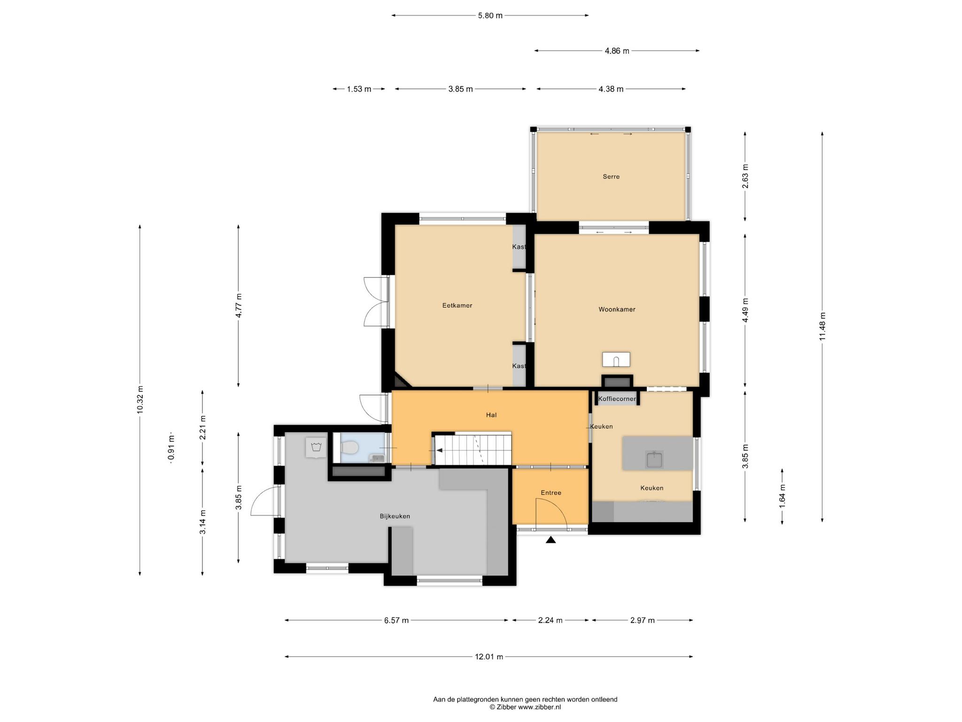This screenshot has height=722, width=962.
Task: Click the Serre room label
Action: (611, 177)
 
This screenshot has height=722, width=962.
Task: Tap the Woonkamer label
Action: (617, 309)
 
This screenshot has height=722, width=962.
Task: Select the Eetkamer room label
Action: (457, 306)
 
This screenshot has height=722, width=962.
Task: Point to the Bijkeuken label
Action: (395, 516)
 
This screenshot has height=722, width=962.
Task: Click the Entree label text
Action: (551, 493)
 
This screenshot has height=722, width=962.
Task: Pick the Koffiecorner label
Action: (617, 399)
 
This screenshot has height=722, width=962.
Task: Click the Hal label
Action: (491, 415)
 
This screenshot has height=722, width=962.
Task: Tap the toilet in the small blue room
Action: (349, 448)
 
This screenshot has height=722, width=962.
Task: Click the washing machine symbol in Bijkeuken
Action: (316, 447)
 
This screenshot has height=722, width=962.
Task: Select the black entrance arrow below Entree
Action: (551, 540)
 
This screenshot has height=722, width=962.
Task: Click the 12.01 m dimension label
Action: (489, 657)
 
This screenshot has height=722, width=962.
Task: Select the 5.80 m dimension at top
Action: (490, 16)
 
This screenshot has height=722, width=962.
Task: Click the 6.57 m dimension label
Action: (396, 620)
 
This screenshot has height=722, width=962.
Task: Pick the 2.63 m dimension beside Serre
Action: (745, 177)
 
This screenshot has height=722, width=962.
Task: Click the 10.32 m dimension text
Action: (140, 400)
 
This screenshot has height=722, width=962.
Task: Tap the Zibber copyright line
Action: (525, 707)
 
